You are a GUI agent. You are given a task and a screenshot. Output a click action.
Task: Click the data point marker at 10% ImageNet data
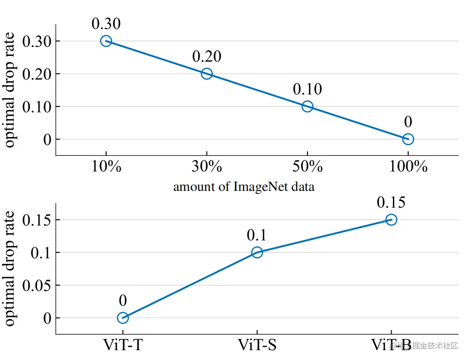point(106,41)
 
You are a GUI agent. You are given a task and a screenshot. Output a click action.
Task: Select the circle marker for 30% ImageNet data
point(206,73)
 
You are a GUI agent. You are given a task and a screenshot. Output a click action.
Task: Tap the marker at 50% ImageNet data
point(307,106)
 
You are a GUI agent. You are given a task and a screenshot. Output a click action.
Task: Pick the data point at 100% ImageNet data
point(408,139)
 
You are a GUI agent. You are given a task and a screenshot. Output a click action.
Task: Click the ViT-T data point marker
point(122,318)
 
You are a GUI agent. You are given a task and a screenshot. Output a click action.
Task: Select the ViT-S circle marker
point(257,252)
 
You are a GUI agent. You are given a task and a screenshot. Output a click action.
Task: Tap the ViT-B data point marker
point(391,220)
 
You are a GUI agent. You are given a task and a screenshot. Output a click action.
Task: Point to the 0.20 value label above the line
point(206,56)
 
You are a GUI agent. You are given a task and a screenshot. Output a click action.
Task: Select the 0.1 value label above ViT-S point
point(256,235)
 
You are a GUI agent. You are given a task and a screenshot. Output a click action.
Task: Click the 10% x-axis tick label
point(106,167)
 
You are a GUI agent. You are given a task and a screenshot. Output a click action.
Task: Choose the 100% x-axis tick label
point(408,167)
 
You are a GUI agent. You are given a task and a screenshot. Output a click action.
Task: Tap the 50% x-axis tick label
point(307,167)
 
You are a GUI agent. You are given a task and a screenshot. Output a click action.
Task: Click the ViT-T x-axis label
point(122,345)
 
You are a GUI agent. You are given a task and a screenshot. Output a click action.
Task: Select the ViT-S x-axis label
point(257,345)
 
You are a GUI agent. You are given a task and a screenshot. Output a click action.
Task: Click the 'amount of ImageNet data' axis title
point(244,187)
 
